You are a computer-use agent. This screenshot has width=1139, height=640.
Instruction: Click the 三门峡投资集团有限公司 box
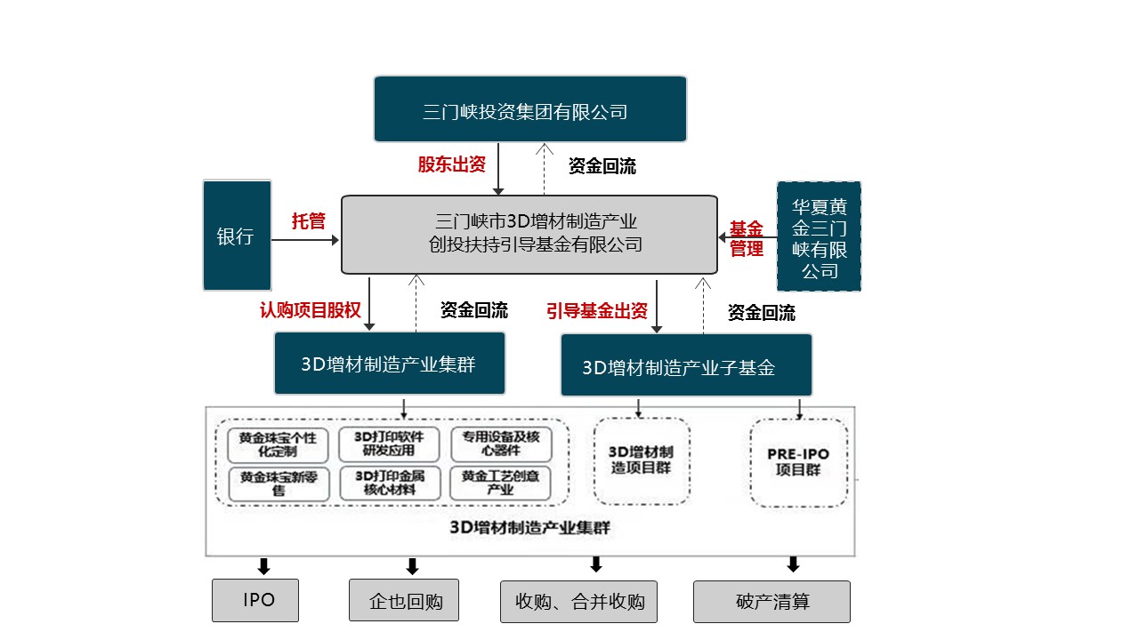[529, 109]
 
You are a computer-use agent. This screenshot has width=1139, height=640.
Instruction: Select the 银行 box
[237, 236]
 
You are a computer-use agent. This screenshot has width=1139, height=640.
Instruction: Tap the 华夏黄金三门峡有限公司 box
[819, 236]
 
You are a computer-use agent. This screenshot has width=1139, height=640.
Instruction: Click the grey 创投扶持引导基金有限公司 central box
[529, 234]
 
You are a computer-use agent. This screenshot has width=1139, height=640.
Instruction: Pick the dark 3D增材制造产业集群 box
[389, 364]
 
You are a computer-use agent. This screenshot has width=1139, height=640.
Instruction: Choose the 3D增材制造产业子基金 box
[685, 365]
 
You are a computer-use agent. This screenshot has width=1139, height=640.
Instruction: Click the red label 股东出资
[452, 165]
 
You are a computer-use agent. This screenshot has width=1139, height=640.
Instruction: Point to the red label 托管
[309, 221]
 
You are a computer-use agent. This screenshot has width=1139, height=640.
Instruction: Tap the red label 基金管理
[747, 238]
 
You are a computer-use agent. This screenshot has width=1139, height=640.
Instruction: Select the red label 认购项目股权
[311, 310]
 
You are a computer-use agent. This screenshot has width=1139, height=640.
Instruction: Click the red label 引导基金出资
[597, 311]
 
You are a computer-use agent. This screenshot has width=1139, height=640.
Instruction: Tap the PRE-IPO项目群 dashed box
[798, 462]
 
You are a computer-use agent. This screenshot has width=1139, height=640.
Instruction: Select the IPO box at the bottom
[254, 600]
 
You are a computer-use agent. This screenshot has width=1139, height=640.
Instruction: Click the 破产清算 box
[771, 602]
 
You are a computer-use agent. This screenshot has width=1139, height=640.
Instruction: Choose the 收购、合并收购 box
[578, 602]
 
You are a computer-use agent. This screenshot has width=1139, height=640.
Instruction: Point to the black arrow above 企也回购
[412, 566]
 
